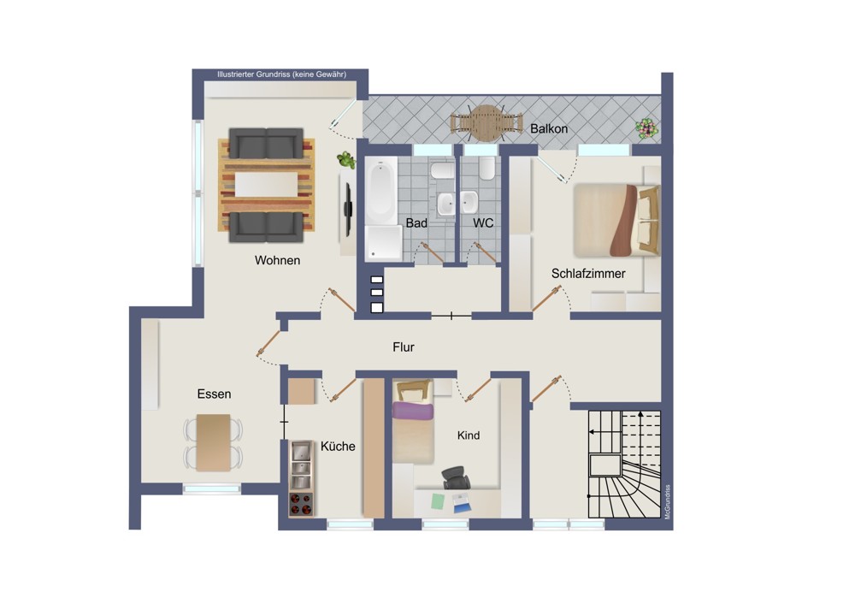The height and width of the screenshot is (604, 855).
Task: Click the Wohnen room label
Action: click(x=277, y=260)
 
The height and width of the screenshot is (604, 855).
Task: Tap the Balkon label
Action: click(x=549, y=129)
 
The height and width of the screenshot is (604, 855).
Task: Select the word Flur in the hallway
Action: click(x=404, y=347)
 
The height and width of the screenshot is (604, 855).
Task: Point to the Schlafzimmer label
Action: click(x=588, y=274)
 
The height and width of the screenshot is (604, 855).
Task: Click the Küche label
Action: click(x=338, y=447)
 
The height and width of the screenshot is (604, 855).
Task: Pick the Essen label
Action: click(x=214, y=394)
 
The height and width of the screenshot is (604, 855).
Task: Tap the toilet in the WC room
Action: click(x=487, y=169)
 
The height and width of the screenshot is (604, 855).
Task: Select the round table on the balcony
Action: click(x=486, y=123)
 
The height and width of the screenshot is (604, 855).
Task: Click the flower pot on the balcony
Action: click(x=646, y=128)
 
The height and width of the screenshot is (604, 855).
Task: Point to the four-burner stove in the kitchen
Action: click(x=300, y=504)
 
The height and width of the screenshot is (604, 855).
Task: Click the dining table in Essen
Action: click(x=213, y=442)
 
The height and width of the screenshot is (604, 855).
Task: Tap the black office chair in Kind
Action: click(x=456, y=477)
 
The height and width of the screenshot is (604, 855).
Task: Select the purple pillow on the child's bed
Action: click(x=413, y=411)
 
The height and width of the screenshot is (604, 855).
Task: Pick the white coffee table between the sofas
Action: click(x=266, y=185)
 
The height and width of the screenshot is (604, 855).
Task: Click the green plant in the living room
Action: click(x=345, y=160)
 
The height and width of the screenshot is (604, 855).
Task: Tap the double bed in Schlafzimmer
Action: click(x=616, y=221)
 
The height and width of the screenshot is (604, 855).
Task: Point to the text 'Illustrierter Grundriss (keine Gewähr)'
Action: click(x=281, y=74)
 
